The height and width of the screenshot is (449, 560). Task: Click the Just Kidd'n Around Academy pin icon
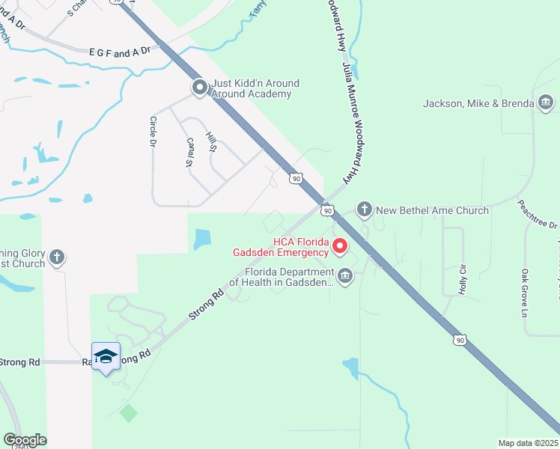pyautogui.click(x=199, y=88)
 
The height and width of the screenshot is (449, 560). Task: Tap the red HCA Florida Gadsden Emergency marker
pyautogui.click(x=340, y=245)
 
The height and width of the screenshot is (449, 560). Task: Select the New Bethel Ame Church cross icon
pyautogui.click(x=364, y=210)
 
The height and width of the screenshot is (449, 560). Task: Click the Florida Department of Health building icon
pyautogui.click(x=344, y=276)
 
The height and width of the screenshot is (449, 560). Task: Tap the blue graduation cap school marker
pyautogui.click(x=106, y=357)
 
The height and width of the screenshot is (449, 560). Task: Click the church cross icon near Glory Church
pyautogui.click(x=56, y=259)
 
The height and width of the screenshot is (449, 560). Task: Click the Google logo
pyautogui.click(x=25, y=440)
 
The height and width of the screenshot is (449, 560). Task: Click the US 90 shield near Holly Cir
pyautogui.click(x=459, y=340)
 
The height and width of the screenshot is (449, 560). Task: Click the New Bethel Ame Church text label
pyautogui.click(x=432, y=210)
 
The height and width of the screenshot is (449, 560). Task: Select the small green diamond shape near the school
pyautogui.click(x=129, y=412)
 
